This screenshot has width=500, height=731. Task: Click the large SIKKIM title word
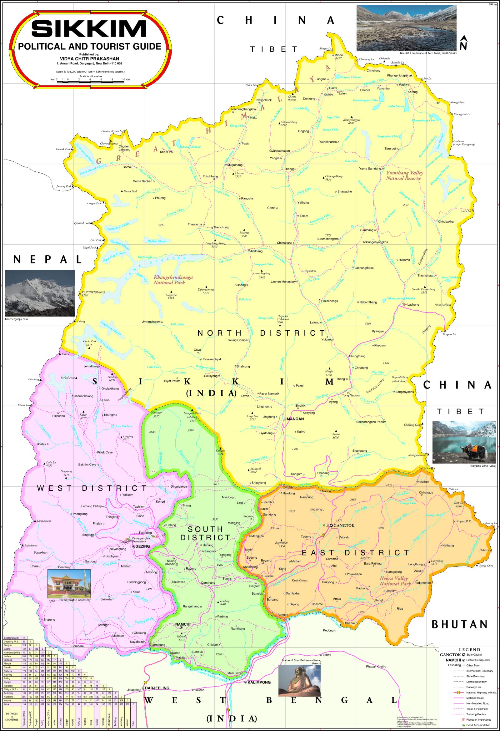[89, 29]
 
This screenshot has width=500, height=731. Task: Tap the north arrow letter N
[463, 46]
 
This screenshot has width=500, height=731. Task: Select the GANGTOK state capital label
[344, 525]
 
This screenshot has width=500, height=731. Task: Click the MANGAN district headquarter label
[295, 419]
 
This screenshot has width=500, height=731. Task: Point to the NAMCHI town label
[183, 624]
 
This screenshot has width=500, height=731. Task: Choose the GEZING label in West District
[142, 546]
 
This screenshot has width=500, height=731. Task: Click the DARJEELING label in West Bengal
[157, 688]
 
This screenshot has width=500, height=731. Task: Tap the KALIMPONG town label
[259, 682]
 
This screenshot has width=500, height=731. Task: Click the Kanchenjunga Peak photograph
[40, 293]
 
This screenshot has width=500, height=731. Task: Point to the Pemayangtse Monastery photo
[69, 583]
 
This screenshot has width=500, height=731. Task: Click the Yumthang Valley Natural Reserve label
[404, 175]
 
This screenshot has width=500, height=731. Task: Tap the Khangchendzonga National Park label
[173, 280]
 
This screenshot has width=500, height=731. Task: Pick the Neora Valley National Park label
[395, 581]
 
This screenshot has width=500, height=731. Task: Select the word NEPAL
[48, 260]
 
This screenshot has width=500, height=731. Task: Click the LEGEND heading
[469, 650]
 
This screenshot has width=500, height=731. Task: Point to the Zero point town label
[391, 149]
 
